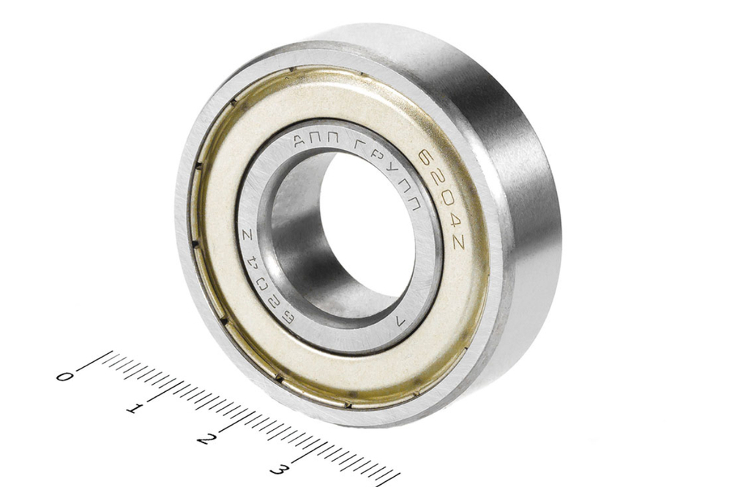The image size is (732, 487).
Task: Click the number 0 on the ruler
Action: click(x=64, y=376)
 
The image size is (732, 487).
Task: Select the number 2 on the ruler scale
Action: click(x=206, y=439)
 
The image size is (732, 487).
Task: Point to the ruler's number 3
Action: click(x=278, y=469)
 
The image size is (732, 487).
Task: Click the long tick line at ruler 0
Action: click(x=93, y=361)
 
